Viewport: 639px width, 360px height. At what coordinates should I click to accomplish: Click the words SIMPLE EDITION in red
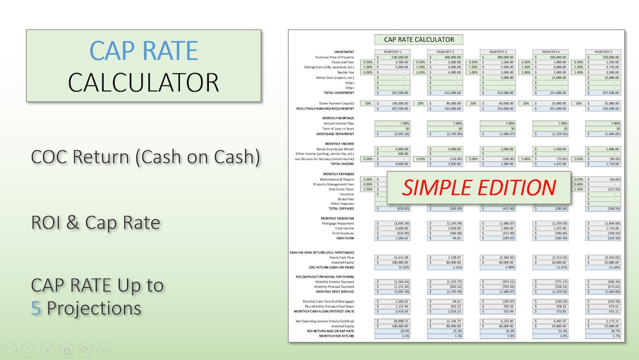click(x=479, y=188)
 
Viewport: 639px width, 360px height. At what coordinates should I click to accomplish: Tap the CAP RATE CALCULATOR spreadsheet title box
click(x=419, y=40)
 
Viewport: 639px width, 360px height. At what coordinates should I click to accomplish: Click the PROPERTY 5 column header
click(x=603, y=52)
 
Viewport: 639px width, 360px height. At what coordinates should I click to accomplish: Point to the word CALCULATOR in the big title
click(x=143, y=82)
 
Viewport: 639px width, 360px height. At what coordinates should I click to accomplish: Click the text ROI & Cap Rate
click(x=95, y=223)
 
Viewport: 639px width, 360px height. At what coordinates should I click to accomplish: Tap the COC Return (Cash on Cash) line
click(x=145, y=158)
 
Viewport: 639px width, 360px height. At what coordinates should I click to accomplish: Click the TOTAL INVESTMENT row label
click(x=339, y=93)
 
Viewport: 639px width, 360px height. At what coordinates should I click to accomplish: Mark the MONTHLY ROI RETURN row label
click(x=337, y=336)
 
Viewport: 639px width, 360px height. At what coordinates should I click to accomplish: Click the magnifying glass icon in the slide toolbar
click(x=85, y=350)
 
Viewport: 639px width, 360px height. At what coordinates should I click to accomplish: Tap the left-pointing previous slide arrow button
click(x=11, y=350)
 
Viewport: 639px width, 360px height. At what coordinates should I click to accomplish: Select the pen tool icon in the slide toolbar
click(x=48, y=350)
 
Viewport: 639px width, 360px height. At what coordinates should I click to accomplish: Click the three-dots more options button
click(x=104, y=350)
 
